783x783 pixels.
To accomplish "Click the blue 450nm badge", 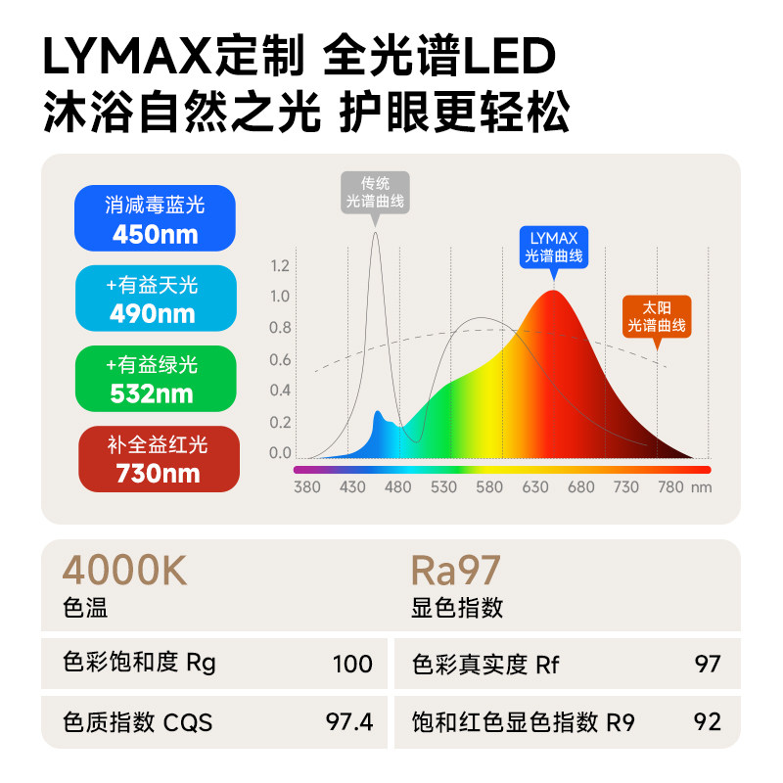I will tap(156, 218).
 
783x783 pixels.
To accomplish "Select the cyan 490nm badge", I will tap(156, 299).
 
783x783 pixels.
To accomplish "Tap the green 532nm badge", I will tap(156, 379).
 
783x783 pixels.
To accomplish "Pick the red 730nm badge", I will tap(158, 459).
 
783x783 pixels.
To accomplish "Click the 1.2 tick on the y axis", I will tap(280, 266).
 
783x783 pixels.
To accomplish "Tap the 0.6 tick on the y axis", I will tap(280, 360).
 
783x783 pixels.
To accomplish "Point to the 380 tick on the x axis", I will tap(307, 487).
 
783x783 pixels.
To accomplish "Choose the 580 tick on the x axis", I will tap(489, 487).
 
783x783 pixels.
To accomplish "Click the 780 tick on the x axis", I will tap(671, 487).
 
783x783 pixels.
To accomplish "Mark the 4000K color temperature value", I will tap(124, 571).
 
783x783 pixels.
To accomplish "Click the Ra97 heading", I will tap(456, 571).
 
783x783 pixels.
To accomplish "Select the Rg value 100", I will tap(352, 665).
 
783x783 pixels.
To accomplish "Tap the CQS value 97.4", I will tap(348, 723).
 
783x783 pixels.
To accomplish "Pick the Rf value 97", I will tap(707, 665).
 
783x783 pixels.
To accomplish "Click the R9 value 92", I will tap(707, 723).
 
